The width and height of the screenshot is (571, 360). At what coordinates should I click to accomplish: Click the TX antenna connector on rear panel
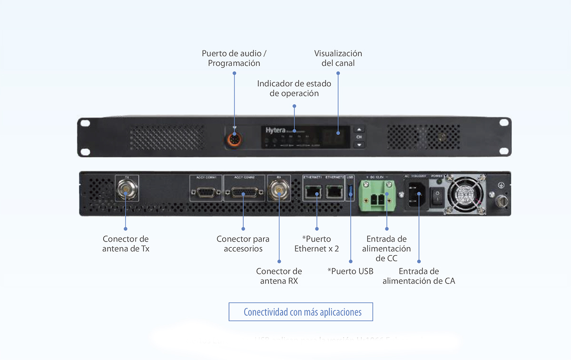pos(126,192)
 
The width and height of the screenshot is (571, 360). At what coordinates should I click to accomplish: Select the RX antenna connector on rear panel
pos(279,192)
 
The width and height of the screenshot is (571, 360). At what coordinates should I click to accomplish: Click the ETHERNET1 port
pos(312,192)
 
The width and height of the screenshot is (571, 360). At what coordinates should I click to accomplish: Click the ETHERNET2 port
pos(335,192)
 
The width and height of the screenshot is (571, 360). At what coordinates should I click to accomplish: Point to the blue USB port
pos(351,191)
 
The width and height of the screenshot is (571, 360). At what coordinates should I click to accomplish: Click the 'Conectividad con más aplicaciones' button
pos(301,312)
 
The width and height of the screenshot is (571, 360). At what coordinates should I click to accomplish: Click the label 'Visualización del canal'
pos(338,58)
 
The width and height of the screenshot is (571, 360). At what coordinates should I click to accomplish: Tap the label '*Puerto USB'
pos(350,271)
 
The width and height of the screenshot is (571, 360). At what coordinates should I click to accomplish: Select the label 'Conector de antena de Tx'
pos(126,243)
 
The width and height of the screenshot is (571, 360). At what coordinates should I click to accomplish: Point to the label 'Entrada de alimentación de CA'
pos(419,276)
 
